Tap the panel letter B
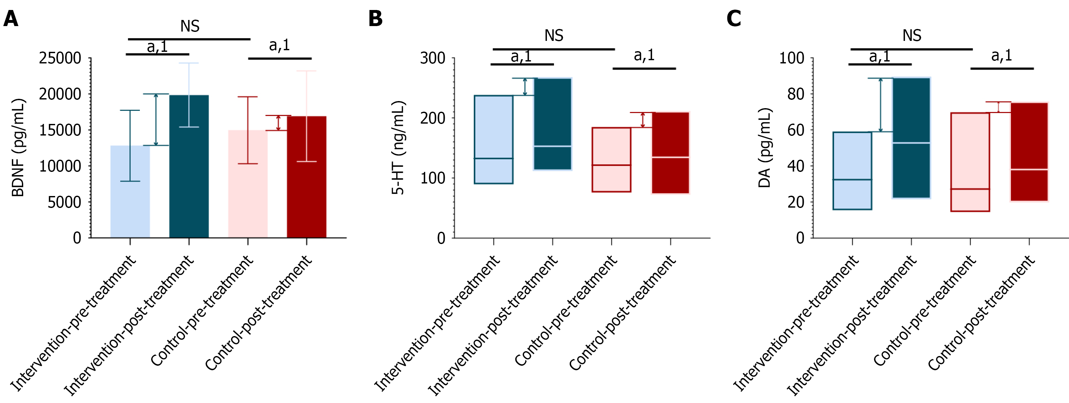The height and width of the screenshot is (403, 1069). [375, 19]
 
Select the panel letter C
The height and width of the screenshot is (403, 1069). [734, 19]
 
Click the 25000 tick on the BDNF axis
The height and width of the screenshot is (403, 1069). [60, 58]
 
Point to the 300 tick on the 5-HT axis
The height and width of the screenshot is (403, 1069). [432, 58]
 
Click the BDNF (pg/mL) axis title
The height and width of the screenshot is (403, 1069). [18, 147]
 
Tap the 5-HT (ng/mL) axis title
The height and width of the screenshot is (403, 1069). [398, 147]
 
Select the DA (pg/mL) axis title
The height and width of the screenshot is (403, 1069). [764, 147]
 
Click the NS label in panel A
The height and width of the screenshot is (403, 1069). [190, 26]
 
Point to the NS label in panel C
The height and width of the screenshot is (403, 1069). [912, 36]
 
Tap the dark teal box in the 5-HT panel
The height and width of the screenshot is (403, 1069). [552, 124]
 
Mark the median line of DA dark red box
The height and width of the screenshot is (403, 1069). [1029, 170]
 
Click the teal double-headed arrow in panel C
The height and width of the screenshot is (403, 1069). [880, 105]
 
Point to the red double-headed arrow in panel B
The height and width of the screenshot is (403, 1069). [643, 120]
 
